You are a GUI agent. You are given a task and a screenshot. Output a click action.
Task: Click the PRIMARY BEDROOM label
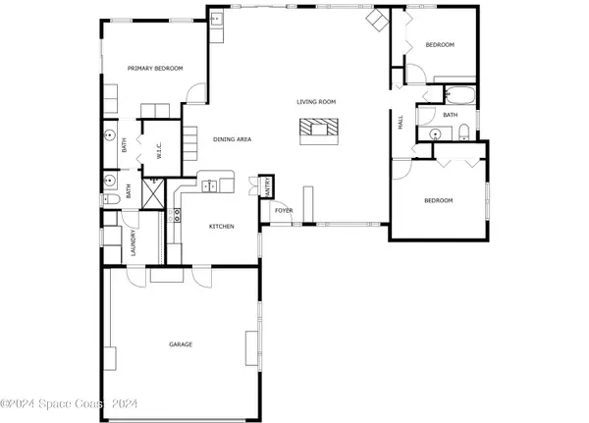156,68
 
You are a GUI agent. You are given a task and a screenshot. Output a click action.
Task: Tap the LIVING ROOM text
317,101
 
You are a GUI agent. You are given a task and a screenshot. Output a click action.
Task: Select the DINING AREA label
233,139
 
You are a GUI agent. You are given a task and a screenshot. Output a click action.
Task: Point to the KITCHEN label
221,227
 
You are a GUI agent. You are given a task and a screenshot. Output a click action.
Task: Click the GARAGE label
180,344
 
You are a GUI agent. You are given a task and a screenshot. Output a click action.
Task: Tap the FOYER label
284,210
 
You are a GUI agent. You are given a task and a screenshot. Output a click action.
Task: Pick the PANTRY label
264,186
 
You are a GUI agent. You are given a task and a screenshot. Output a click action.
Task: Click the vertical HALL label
401,123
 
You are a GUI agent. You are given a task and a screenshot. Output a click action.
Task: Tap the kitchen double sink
217,184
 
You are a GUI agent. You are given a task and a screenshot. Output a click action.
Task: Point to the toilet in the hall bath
463,135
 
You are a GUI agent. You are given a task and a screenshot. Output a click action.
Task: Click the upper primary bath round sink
110,136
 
